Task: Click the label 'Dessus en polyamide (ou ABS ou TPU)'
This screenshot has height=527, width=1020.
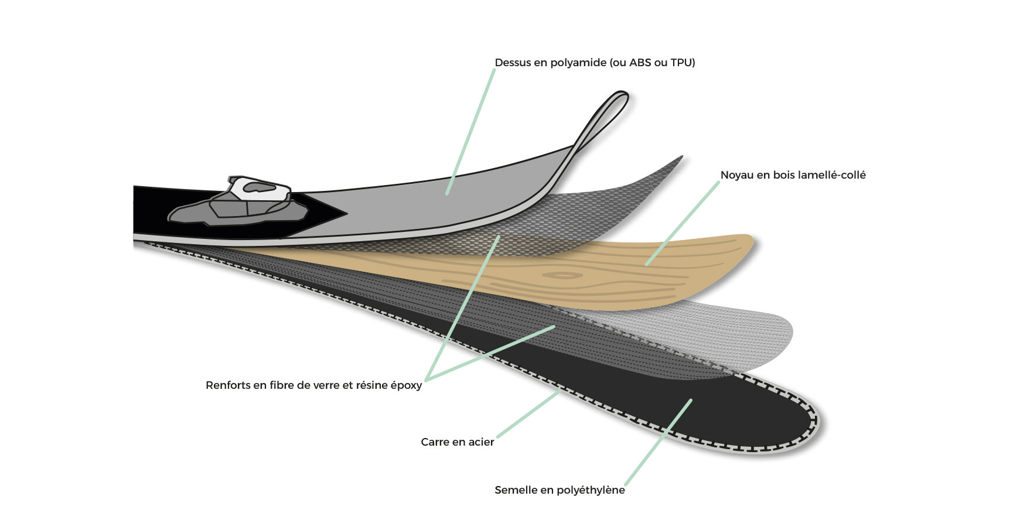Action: point(595,63)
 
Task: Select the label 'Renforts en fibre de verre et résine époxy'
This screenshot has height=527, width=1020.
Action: point(313,385)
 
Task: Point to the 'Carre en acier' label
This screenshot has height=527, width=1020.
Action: point(458,442)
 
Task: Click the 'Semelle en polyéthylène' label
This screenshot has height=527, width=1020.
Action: point(560,490)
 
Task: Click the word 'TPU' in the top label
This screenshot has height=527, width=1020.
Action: point(683,63)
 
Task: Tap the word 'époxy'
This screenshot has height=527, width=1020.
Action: point(406,386)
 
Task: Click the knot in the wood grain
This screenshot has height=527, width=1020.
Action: point(562,275)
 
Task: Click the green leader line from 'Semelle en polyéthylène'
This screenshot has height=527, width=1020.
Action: point(658,443)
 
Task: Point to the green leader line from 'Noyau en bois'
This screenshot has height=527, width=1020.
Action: point(683,223)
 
